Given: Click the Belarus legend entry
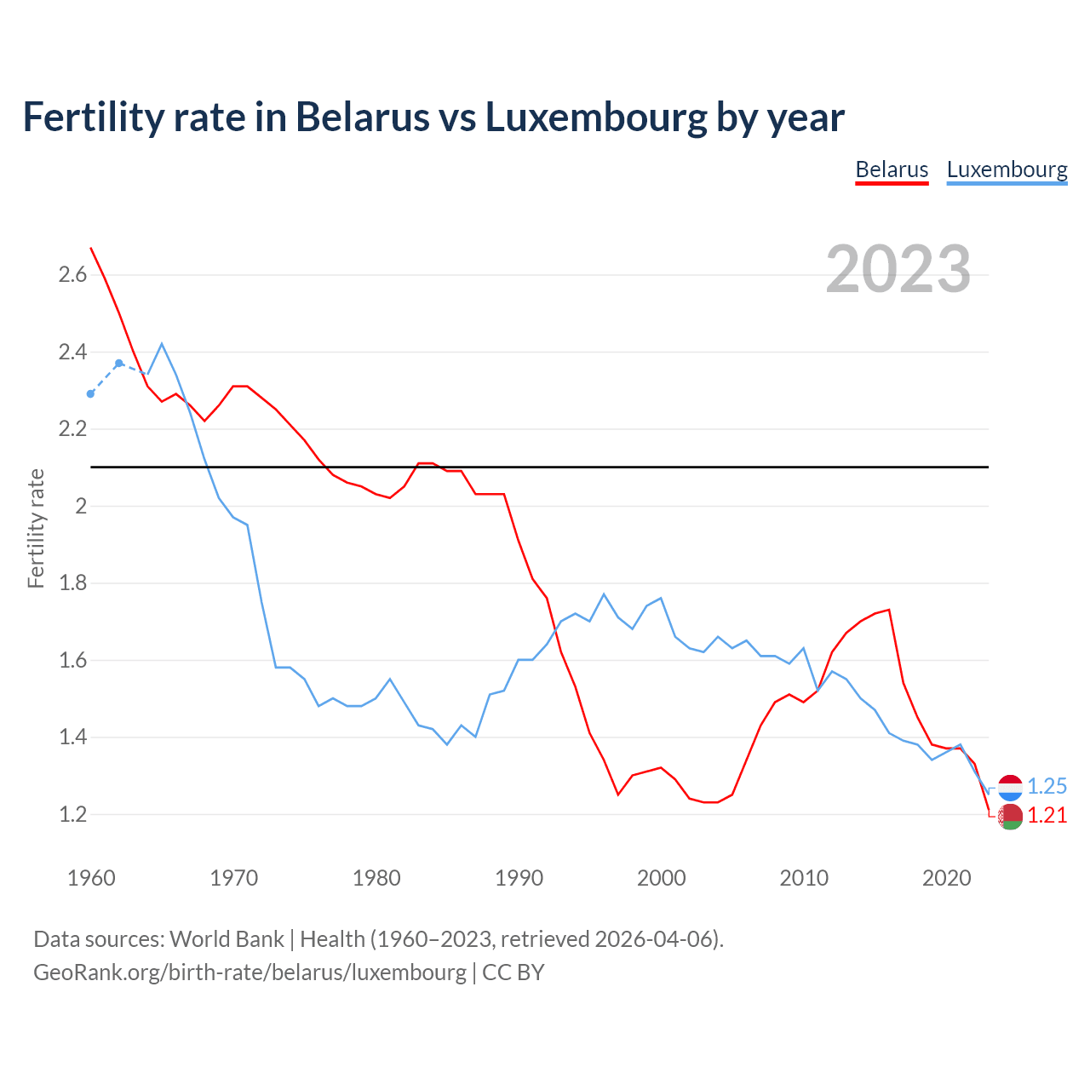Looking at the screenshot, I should point(892,169).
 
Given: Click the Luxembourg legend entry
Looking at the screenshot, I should point(1007,169).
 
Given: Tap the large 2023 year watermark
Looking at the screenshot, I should point(898,269).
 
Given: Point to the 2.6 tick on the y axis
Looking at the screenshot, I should point(72,274).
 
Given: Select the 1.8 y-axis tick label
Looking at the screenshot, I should point(72,583).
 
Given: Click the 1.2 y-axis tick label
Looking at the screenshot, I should point(72,814).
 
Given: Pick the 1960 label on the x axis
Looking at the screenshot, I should point(91,878).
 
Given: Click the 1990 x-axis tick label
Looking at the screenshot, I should point(519,878).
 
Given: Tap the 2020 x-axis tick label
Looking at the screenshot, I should point(946,878).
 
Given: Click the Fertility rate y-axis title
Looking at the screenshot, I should point(36,528).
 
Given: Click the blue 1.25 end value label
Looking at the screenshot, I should point(1047,786).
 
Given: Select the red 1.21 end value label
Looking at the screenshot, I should point(1047,815).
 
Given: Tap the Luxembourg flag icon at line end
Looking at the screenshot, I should point(1010,788).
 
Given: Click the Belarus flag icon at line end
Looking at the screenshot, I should point(1010,816).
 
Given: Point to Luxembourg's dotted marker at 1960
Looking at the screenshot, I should point(90,393).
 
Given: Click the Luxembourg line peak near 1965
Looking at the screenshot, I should point(162,344).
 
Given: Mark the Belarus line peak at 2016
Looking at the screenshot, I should point(889,610).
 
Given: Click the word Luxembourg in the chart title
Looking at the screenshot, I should point(596,118).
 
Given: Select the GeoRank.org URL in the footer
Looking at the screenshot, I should point(250,972).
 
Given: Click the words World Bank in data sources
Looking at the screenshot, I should point(227,938).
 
